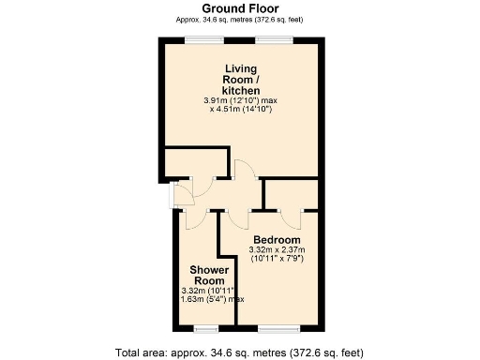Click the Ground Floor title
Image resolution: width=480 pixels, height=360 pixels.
239,7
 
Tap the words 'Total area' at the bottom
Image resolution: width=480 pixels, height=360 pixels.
143,352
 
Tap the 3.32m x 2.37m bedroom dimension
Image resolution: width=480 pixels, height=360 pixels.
277,250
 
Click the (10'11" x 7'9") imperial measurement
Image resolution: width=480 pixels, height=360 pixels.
277,260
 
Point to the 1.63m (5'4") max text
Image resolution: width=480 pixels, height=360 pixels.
213,299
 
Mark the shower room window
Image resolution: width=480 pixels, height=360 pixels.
204,329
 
